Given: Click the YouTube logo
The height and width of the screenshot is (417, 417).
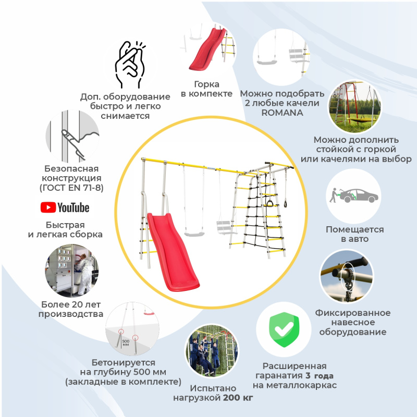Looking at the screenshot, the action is [65, 207].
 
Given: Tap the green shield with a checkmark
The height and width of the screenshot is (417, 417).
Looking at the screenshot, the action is [284, 329].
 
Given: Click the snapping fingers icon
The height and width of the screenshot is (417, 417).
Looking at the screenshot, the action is [130, 65].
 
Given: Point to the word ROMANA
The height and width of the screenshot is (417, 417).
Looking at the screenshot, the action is [282, 113].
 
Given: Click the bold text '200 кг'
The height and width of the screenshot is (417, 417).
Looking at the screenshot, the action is [238, 398].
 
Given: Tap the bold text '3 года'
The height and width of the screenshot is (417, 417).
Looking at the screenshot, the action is [320, 375].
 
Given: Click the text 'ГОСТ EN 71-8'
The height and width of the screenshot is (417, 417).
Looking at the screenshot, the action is [71, 188].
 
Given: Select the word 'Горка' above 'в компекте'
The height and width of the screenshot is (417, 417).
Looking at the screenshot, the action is [206, 84].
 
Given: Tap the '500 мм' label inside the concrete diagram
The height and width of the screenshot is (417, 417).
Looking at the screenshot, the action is [126, 342].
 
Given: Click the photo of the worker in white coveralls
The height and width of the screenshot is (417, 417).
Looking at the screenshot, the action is [72, 271].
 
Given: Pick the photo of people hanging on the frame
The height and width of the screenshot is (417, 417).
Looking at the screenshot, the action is [212, 350].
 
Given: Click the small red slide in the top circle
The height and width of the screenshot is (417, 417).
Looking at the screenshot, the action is [207, 50].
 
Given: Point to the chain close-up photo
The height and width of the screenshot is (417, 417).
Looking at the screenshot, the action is [347, 276].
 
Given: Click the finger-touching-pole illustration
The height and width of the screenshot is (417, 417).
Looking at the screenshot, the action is [72, 136].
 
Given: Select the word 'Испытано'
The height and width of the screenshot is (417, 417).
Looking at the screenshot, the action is [213, 388].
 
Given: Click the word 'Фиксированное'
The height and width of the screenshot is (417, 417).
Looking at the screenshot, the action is [353, 313].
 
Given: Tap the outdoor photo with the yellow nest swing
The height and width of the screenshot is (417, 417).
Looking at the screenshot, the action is [354, 107].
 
